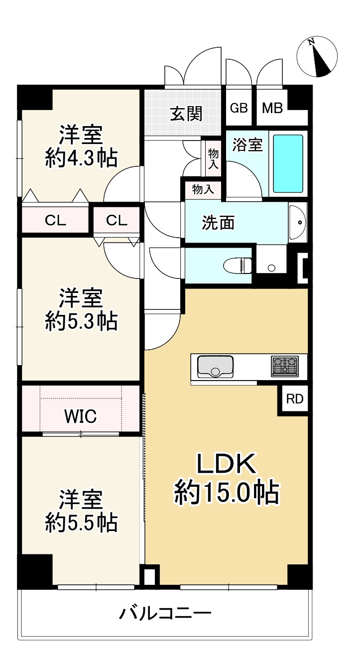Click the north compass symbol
click(317, 57)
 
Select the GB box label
click(239, 108)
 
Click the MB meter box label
click(272, 108)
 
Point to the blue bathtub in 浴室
click(288, 163)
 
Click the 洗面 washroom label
click(218, 223)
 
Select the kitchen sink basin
click(216, 367)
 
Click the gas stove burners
click(284, 367)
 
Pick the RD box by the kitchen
click(294, 399)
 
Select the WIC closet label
click(80, 416)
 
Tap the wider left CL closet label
click(55, 221)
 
